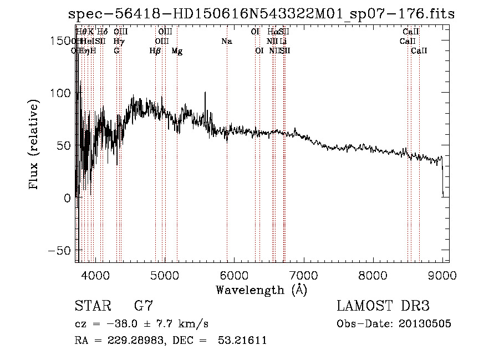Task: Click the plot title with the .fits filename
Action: pos(261,14)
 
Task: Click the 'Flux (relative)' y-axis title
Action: pos(34,145)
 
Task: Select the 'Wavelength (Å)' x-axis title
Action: pos(261,290)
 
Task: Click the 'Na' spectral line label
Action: pos(226,42)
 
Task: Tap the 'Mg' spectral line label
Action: pos(177,51)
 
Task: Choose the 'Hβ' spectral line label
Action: pos(155,51)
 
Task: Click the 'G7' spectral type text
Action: pos(144,306)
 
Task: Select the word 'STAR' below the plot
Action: pos(93,306)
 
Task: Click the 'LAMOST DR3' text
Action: pos(383,306)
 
